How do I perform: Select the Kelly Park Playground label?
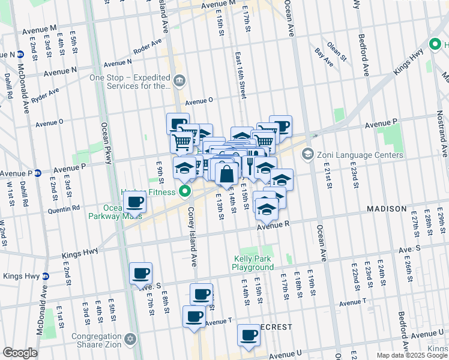coord(253,263)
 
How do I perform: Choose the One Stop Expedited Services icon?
coord(179,81)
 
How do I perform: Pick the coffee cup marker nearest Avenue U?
coord(249,336)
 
